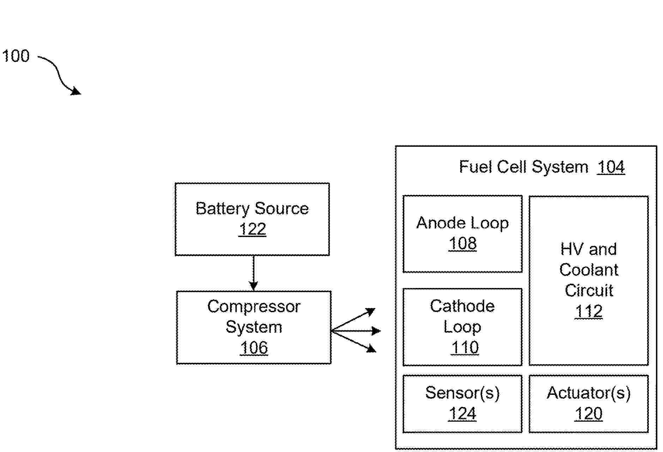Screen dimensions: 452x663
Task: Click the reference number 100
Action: pos(16,56)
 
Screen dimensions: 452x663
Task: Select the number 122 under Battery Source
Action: pos(252,229)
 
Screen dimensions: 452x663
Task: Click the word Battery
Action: pos(223,209)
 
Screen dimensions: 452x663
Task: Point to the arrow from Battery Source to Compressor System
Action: pos(253,273)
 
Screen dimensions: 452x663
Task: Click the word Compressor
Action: pos(254,306)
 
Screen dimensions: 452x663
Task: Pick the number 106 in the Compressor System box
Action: pos(254,348)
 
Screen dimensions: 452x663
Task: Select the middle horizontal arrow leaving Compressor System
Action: pos(356,331)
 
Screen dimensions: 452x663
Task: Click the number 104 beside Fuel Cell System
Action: pos(611,167)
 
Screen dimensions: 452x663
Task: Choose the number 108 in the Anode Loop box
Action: pos(463,243)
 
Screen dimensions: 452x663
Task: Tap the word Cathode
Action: pos(462,306)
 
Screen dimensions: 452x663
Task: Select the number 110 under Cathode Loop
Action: pos(465,348)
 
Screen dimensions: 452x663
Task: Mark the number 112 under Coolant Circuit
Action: pos(589,312)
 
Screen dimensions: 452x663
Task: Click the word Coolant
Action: pos(589,270)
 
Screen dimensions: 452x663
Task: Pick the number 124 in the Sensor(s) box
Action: pos(462,414)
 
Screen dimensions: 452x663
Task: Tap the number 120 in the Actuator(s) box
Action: pos(589,414)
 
